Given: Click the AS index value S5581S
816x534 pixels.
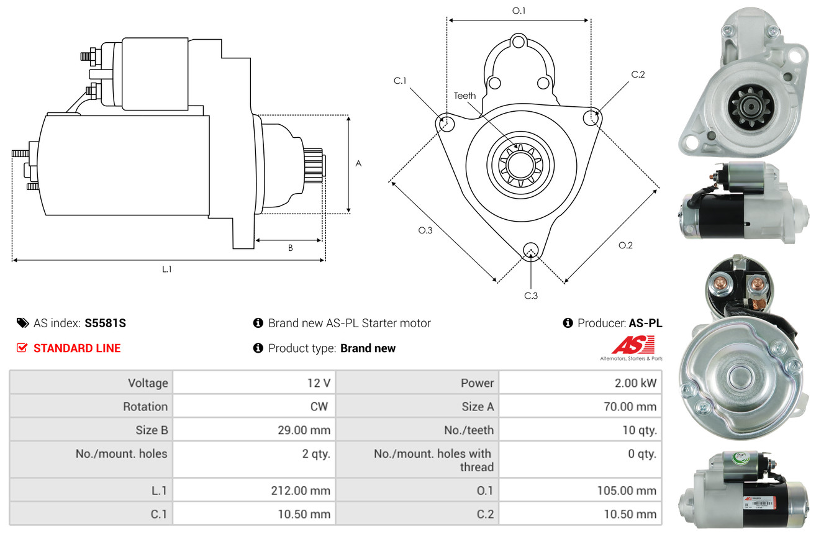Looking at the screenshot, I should click(106, 323).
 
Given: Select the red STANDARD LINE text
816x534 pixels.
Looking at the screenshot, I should click(77, 348).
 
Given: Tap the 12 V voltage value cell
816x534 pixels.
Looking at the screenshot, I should click(318, 383).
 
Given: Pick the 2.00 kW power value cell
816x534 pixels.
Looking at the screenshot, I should click(635, 383).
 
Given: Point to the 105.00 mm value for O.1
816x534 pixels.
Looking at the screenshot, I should click(628, 491).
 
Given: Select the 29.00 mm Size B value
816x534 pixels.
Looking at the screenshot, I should click(306, 430).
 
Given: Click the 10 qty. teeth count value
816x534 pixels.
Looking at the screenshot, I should click(639, 430).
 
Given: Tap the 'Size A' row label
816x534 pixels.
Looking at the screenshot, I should click(477, 407).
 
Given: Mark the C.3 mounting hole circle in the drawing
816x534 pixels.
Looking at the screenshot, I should click(530, 250).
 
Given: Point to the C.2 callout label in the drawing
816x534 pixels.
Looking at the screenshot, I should click(638, 75).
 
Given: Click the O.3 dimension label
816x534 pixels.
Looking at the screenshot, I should click(425, 230).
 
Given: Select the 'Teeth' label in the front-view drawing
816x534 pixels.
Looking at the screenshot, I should click(465, 96).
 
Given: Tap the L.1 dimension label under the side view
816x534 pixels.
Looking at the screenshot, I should click(166, 269).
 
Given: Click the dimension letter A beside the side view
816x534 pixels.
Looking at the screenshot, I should click(358, 164).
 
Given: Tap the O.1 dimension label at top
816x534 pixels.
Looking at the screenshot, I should click(519, 11).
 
